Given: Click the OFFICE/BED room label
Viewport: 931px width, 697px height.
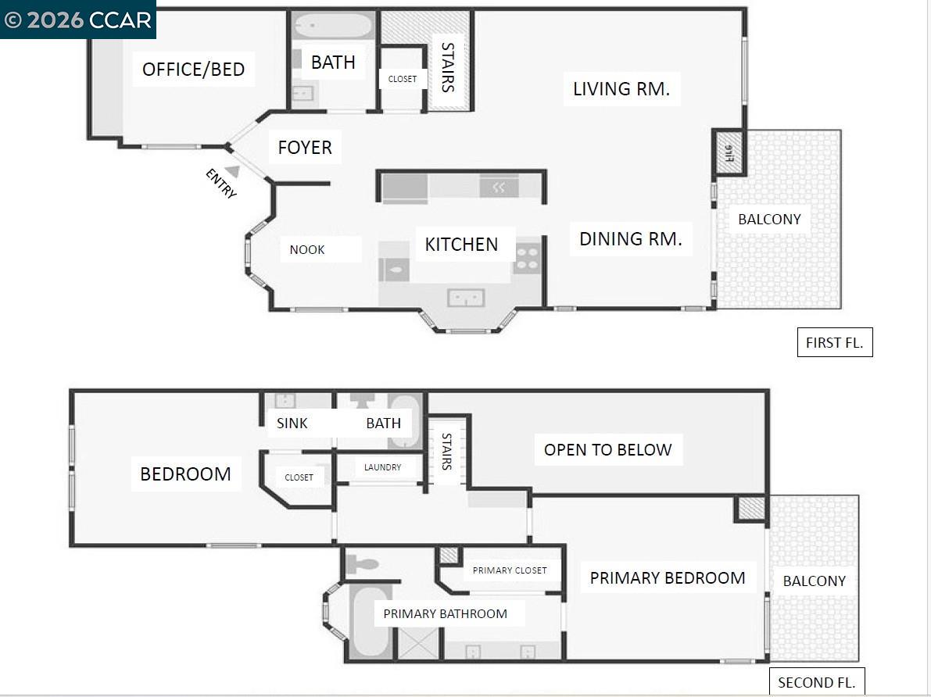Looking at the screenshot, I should tap(193, 70).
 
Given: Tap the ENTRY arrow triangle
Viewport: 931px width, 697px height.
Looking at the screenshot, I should tap(232, 171).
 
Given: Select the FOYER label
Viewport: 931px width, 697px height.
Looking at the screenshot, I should tap(305, 147).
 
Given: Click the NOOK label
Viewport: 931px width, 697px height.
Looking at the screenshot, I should tap(307, 250).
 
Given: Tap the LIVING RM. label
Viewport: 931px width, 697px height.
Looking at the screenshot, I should tap(621, 89).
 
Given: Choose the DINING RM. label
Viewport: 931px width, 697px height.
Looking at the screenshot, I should tap(630, 239).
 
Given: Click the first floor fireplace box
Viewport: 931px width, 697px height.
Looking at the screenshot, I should tap(729, 152).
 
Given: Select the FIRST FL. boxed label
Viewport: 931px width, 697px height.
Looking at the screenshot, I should tap(835, 343).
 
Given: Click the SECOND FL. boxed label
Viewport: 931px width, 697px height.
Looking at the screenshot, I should tap(817, 682).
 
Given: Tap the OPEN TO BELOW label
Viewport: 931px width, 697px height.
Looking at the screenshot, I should tap(607, 450).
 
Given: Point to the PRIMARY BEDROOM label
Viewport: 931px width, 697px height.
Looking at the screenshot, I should tap(667, 578).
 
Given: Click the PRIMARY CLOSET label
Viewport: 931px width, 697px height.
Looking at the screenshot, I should tap(510, 570).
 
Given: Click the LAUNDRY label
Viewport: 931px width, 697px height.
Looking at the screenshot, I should tap(382, 467).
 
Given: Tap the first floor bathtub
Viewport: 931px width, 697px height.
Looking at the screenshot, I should tap(333, 26).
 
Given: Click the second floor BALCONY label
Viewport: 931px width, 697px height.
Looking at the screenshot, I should tap(814, 581).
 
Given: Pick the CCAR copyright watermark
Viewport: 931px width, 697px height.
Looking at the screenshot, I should tap(78, 20).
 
